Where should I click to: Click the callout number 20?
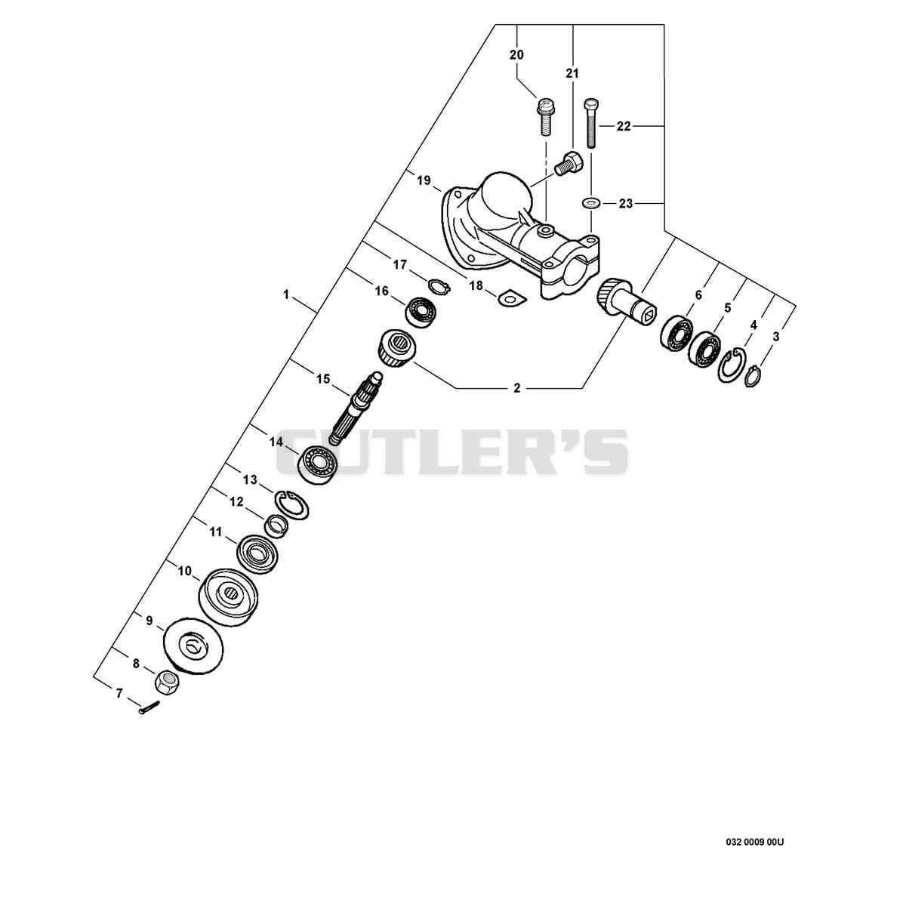(516, 55)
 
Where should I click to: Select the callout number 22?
(624, 126)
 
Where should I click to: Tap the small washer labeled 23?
(588, 203)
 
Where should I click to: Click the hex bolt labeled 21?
(568, 163)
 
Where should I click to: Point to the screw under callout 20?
(544, 116)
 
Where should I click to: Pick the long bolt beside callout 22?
(591, 123)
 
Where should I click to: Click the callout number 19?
(424, 180)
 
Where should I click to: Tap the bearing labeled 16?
(422, 311)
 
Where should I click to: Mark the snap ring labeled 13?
(292, 505)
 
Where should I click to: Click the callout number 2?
(517, 388)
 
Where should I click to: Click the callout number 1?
(286, 294)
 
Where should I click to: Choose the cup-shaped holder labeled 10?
(228, 597)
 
